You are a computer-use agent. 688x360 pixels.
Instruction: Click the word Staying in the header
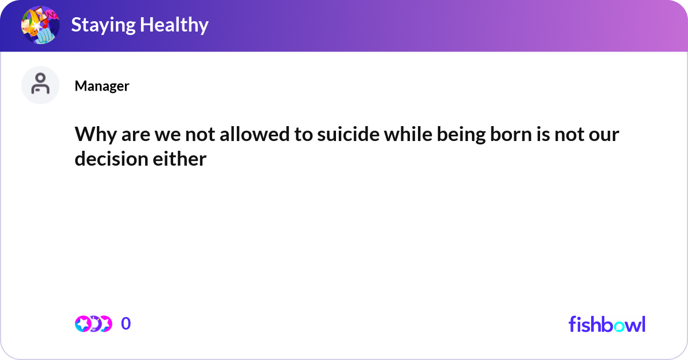tap(103, 25)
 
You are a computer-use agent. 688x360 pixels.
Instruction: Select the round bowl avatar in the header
tap(40, 25)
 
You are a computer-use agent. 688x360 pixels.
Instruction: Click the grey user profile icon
tap(40, 85)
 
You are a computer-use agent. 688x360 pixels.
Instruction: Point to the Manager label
tap(101, 86)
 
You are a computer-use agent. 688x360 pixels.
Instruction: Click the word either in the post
tap(180, 159)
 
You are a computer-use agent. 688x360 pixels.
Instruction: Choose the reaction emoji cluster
tap(93, 324)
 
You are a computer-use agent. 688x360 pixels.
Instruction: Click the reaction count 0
tap(126, 324)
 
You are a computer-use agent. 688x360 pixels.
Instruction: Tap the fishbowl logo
tap(607, 324)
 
